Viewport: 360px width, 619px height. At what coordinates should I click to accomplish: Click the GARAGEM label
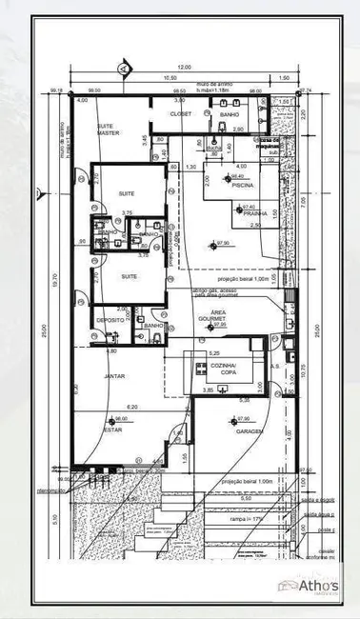pos(250,430)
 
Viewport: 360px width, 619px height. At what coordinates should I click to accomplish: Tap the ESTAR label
pos(112,429)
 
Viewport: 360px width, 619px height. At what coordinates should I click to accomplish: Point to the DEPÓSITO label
pos(110,321)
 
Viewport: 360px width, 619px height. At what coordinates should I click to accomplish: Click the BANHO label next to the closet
pos(229,114)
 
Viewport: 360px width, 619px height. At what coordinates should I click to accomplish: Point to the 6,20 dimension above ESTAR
pos(132,407)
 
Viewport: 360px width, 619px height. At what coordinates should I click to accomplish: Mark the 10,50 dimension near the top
pos(170,77)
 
